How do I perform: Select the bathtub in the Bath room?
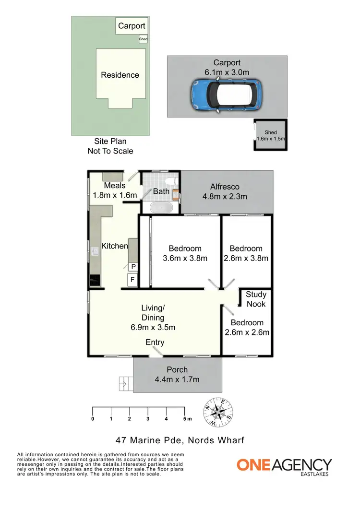[x=160, y=208]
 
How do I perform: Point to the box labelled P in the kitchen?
[x=132, y=267]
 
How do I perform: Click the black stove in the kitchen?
[x=95, y=280]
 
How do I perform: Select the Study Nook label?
[x=255, y=299]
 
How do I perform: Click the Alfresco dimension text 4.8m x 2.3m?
[x=225, y=196]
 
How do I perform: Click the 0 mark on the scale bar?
[x=93, y=419]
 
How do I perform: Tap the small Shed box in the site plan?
[x=143, y=39]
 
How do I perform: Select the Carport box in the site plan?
[x=132, y=26]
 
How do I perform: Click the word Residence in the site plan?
[x=120, y=75]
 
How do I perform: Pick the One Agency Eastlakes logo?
[x=284, y=467]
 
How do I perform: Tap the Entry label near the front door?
[x=155, y=342]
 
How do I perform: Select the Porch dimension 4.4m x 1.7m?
[x=177, y=379]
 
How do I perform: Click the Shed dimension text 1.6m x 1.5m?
[x=271, y=139]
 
